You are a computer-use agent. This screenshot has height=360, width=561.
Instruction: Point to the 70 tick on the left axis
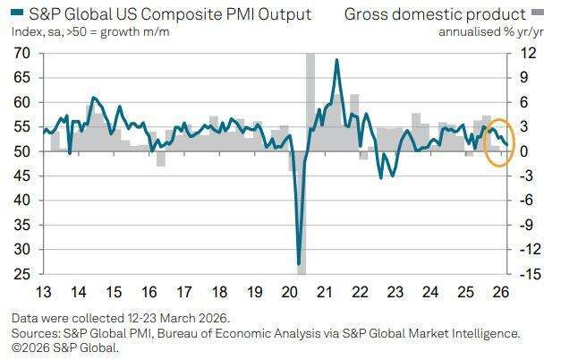click(21, 54)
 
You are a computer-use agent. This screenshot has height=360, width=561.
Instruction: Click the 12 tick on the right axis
click(528, 54)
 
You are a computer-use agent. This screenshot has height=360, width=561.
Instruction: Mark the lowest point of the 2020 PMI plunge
click(299, 263)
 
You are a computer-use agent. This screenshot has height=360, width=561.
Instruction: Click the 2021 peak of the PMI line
click(336, 60)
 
